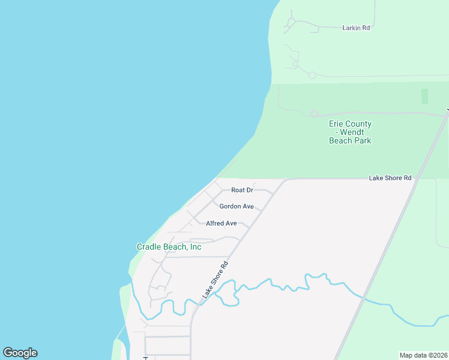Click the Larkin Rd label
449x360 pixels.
point(356,28)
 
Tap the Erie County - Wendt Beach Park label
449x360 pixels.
point(350,132)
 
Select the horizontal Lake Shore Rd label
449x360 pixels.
point(390,178)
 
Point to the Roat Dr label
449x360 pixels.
point(243,190)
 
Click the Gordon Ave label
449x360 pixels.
point(237,206)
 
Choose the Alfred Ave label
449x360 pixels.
point(221,223)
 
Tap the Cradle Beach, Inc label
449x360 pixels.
point(169,247)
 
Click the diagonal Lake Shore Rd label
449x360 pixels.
point(215,280)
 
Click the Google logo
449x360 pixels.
point(20,353)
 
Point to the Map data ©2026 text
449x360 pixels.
point(424,355)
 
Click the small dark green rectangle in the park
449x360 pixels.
point(425,96)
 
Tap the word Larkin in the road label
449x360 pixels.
point(351,28)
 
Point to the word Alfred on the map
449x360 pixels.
point(215,223)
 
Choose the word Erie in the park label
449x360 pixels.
point(337,124)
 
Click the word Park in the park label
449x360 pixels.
point(363,140)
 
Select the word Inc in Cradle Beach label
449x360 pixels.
point(195,247)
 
